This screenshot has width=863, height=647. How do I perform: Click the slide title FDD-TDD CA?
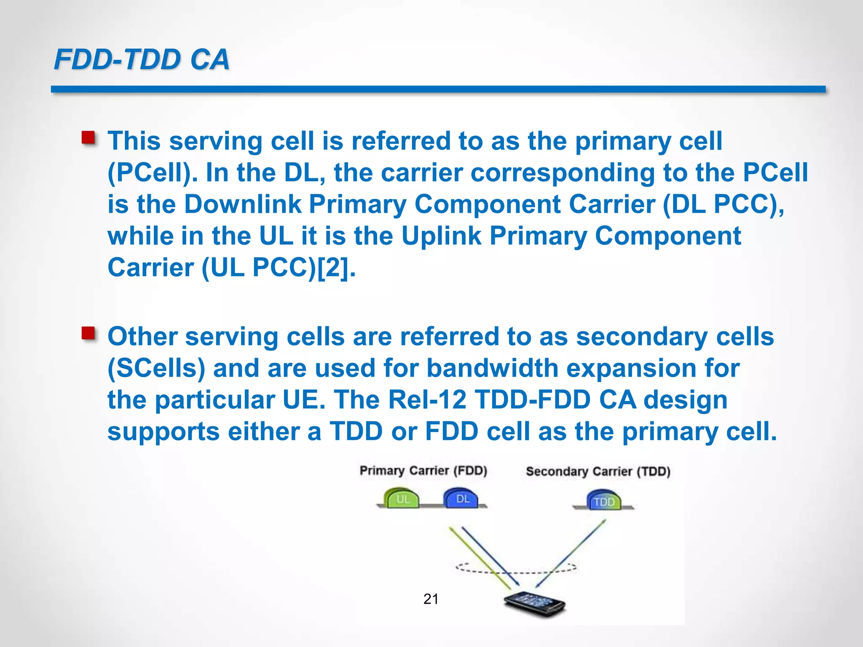pyautogui.click(x=142, y=59)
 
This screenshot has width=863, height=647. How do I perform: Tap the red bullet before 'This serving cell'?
pyautogui.click(x=88, y=138)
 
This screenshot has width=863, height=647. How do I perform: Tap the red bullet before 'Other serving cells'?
pyautogui.click(x=88, y=333)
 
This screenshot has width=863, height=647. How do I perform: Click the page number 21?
pyautogui.click(x=431, y=599)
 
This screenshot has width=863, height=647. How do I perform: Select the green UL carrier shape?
pyautogui.click(x=402, y=498)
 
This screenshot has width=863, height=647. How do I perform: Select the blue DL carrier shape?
pyautogui.click(x=462, y=498)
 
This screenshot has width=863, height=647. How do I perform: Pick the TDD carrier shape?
pyautogui.click(x=604, y=500)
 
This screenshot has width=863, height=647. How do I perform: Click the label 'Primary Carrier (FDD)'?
pyautogui.click(x=423, y=471)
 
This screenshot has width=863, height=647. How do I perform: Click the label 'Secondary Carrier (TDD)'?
pyautogui.click(x=598, y=471)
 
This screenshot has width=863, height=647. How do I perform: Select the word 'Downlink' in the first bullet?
pyautogui.click(x=243, y=204)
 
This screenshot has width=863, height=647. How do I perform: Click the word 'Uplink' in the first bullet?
pyautogui.click(x=441, y=236)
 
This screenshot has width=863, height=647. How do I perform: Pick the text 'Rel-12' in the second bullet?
pyautogui.click(x=427, y=400)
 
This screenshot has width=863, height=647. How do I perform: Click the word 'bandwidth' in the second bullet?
pyautogui.click(x=492, y=369)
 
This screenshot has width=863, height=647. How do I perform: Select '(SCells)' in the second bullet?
pyautogui.click(x=156, y=369)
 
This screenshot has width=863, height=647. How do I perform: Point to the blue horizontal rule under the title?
pyautogui.click(x=438, y=89)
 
